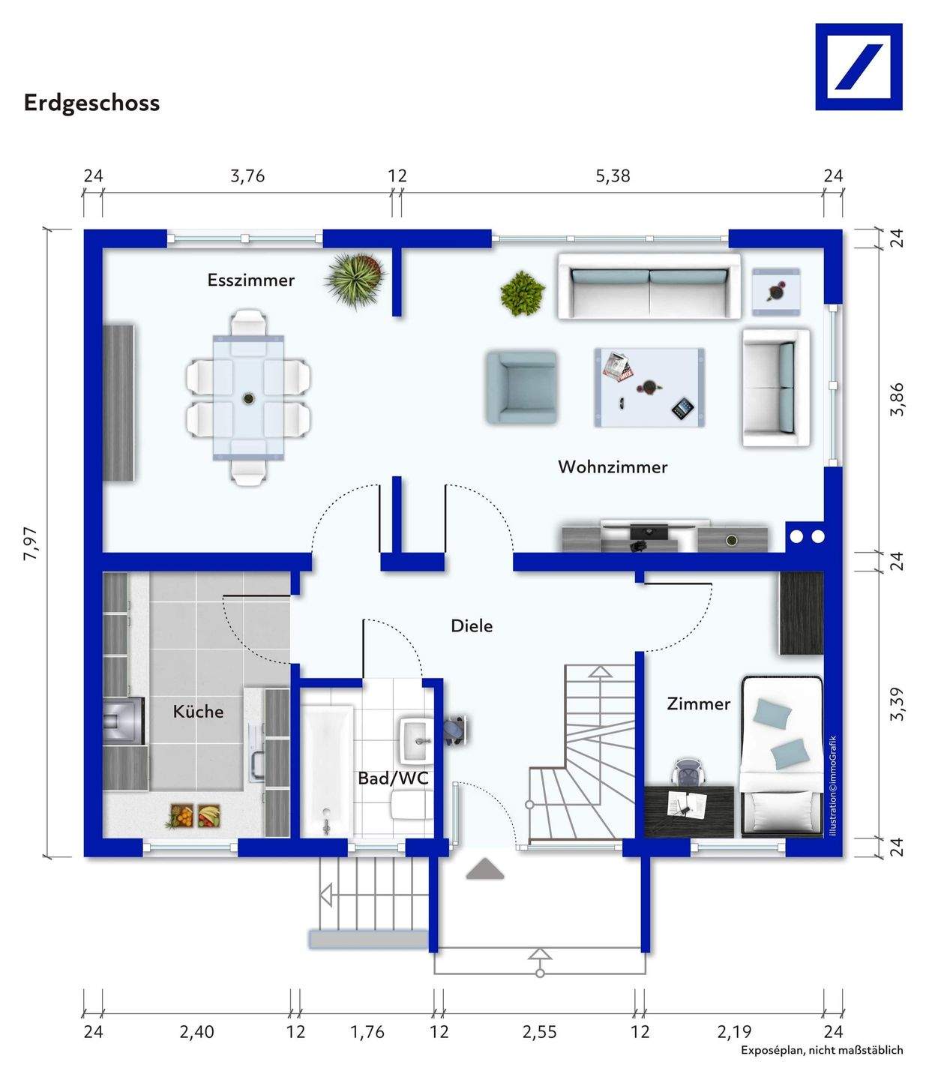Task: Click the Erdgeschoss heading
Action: coord(91,103)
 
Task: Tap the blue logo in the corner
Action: coord(858,67)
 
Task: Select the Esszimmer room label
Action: coord(250,280)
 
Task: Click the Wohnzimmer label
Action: coord(612,466)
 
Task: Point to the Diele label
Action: coord(472,626)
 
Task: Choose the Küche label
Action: coord(198,711)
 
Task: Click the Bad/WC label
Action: coord(393,778)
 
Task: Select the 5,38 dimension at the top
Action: coord(613,176)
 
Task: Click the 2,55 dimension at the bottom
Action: coord(540,1032)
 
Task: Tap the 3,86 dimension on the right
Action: coord(896,400)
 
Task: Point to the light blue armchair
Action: coord(521,387)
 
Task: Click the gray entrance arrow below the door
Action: coord(484,868)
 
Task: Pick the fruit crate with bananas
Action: coord(209,815)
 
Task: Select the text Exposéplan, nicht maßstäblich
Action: coord(822,1050)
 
